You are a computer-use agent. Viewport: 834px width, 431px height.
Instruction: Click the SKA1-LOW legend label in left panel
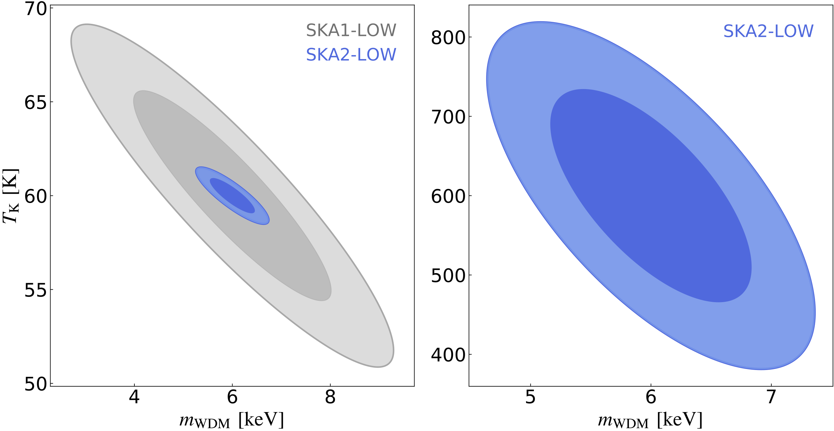[351, 30]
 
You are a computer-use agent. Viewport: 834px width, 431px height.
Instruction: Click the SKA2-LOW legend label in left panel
[351, 54]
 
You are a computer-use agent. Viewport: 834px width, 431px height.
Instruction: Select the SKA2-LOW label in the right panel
[768, 31]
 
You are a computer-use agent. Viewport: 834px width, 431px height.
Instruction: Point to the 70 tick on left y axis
[36, 9]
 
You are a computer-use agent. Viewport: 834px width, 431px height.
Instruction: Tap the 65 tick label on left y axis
[36, 103]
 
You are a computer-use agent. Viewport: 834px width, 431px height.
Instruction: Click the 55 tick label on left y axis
[36, 290]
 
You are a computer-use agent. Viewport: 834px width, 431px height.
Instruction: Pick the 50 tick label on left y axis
[36, 384]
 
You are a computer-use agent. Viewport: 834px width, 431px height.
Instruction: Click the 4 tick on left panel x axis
[134, 397]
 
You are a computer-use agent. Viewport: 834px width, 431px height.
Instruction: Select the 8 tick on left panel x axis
[330, 397]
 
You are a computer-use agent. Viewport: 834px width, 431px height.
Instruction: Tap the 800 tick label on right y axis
[448, 38]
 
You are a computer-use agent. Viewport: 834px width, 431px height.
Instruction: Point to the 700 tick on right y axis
[448, 117]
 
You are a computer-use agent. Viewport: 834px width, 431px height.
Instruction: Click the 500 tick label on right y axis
[448, 276]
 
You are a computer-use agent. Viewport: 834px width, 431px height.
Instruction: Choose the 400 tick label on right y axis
[448, 355]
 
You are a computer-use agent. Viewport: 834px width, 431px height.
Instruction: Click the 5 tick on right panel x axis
[530, 397]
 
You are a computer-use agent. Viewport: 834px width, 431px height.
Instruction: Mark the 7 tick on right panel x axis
[771, 397]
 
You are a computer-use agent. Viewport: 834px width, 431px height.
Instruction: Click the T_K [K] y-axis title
[10, 196]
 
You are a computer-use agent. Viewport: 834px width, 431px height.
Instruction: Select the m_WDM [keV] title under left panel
[232, 420]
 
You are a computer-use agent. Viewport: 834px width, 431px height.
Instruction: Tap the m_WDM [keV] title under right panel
[650, 420]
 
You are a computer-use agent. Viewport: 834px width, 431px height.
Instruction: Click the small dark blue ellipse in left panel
[232, 196]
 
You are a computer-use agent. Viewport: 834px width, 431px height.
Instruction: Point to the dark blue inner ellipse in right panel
[651, 196]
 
